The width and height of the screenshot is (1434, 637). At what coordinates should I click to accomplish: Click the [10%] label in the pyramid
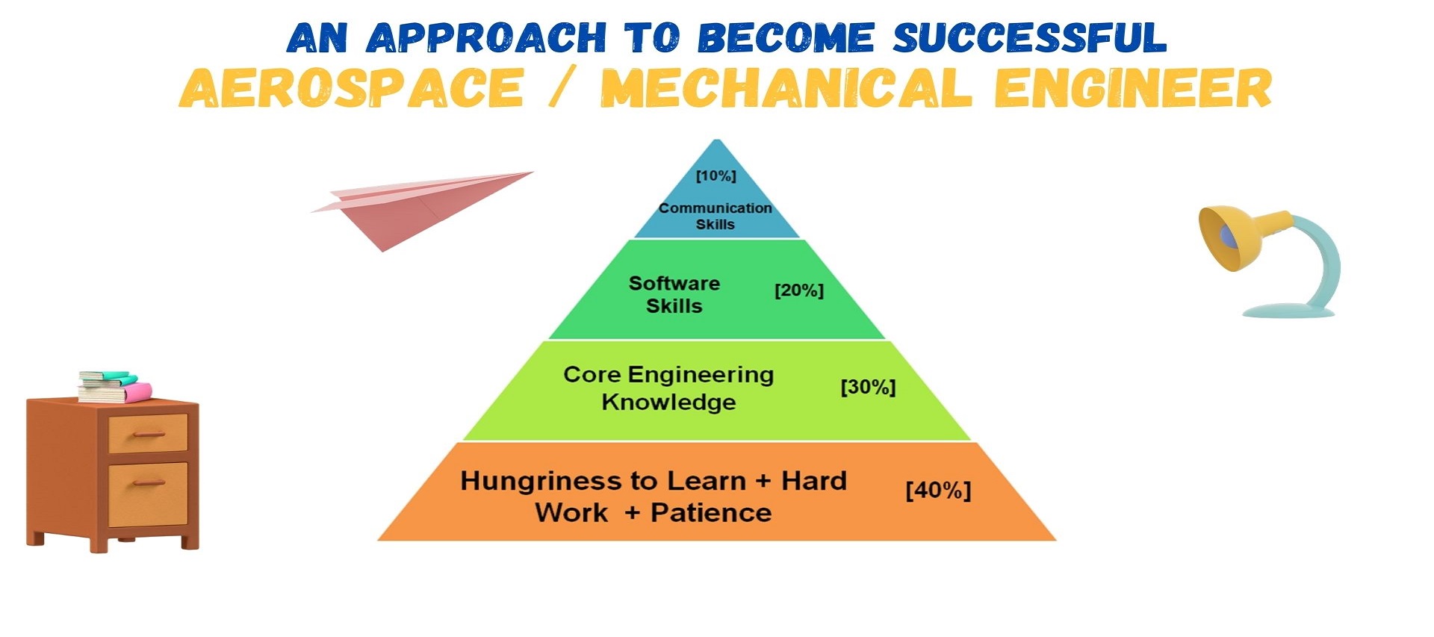click(716, 176)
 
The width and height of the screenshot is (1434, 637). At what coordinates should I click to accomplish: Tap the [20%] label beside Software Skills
click(799, 290)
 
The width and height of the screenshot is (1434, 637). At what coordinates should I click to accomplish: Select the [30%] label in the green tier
click(868, 388)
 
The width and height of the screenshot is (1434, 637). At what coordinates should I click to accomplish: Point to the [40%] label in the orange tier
click(938, 491)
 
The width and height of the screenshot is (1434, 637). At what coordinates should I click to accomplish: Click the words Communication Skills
click(716, 216)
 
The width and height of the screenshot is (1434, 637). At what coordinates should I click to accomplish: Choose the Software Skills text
click(674, 294)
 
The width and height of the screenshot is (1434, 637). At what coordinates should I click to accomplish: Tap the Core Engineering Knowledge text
click(668, 388)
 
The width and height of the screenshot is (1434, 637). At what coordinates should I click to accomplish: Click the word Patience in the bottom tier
click(711, 513)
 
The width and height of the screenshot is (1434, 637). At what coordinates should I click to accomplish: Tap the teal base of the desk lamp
click(1288, 310)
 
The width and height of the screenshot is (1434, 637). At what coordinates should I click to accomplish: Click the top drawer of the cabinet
click(148, 433)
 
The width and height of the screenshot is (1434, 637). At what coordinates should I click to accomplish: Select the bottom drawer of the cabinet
click(148, 494)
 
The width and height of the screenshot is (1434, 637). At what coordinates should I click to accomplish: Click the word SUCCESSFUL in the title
click(1029, 38)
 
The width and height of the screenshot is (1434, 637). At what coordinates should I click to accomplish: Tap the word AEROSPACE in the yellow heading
click(351, 89)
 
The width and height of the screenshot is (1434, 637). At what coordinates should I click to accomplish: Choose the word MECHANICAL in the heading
click(786, 89)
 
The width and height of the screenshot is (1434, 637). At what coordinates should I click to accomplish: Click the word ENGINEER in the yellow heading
click(1133, 89)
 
